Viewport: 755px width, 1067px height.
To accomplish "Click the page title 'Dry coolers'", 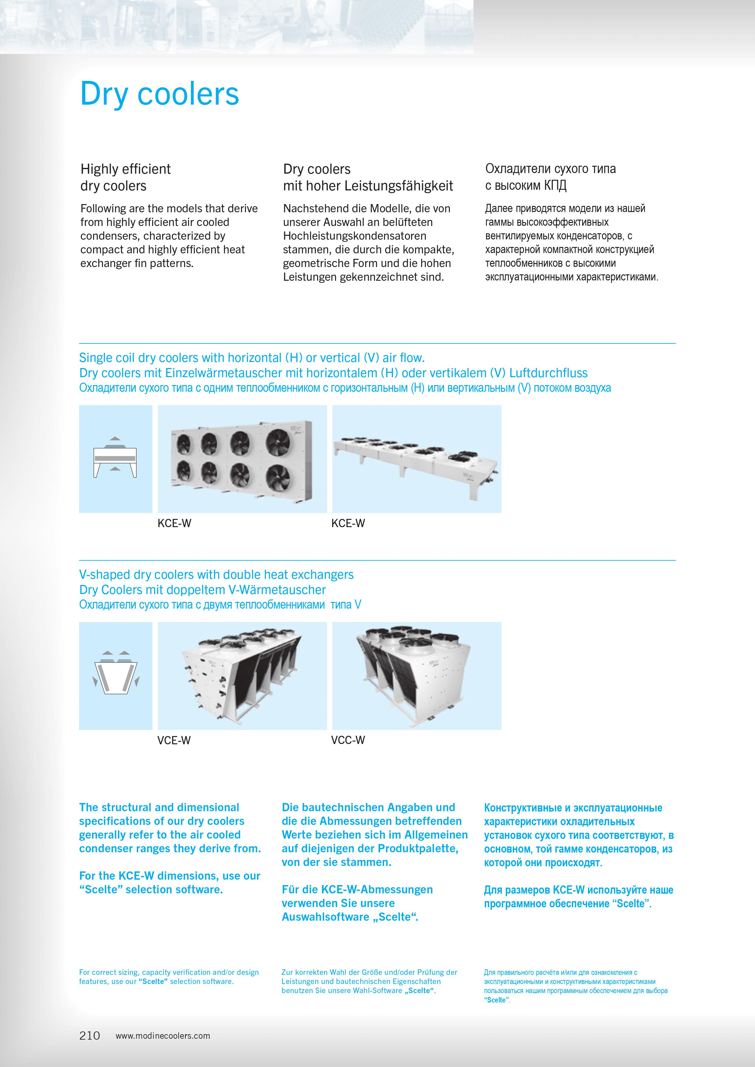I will point(159,94).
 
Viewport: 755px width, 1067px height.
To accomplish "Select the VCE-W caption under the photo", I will point(174,740).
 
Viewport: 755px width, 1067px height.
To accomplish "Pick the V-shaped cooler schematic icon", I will point(115,676).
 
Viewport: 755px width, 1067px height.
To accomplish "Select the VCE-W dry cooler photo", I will point(242,676).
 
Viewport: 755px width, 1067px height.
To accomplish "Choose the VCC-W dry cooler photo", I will point(417,676).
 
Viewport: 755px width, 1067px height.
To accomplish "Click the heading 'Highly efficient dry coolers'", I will point(125,177).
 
